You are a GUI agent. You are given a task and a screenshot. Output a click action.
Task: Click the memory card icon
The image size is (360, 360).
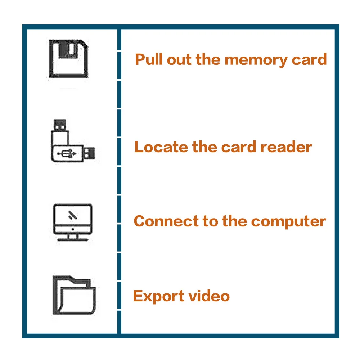[x=68, y=59]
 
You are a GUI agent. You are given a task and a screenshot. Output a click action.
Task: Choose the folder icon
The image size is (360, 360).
[x=74, y=295]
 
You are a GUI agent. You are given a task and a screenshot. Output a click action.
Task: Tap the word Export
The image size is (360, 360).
[x=154, y=296]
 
